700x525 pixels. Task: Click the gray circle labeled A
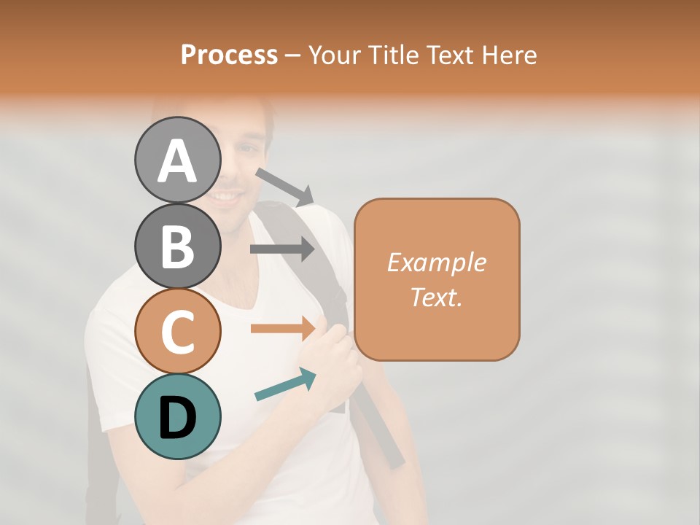coord(177,160)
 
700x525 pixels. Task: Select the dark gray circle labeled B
coord(177,246)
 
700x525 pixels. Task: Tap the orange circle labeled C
coord(177,331)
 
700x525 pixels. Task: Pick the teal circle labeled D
coord(177,416)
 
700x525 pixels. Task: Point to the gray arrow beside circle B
coord(282,249)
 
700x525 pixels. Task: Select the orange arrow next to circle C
coord(283,328)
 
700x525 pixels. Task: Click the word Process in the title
coord(229,55)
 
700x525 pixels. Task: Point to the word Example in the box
coord(437,262)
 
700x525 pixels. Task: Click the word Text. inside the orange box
coord(437,297)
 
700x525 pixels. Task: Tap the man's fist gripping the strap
coord(337,357)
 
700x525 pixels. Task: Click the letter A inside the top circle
coord(177,161)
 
